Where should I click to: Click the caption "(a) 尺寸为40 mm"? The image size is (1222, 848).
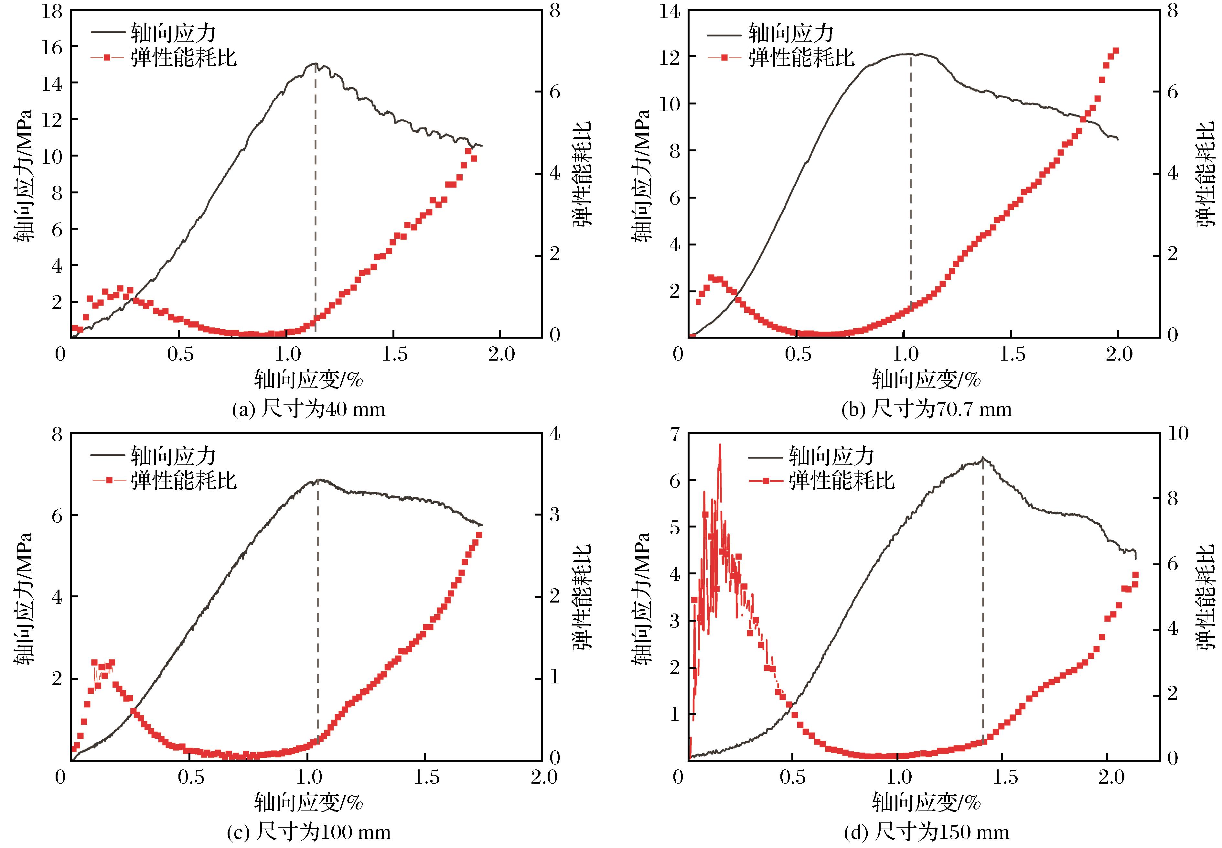[308, 409]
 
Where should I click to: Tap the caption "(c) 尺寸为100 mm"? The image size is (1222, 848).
[308, 832]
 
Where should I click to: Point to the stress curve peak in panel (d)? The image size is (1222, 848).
[982, 457]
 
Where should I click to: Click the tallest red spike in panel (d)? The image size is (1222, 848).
[720, 445]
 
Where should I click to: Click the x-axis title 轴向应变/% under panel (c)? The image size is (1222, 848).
[308, 802]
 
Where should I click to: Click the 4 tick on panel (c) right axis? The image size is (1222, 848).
[555, 434]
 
